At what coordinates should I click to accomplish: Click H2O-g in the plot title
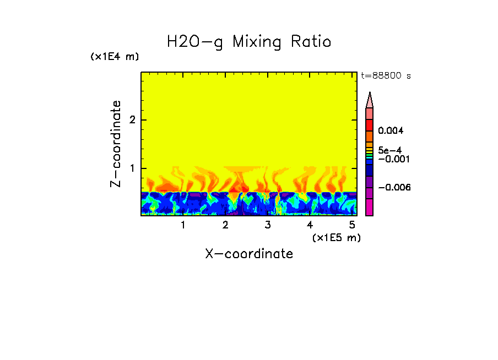click(x=195, y=42)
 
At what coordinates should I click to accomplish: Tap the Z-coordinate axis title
click(x=116, y=144)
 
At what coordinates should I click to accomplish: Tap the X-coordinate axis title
click(x=249, y=254)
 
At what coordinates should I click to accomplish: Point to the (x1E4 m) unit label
click(x=115, y=57)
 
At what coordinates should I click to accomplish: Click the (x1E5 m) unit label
click(x=336, y=237)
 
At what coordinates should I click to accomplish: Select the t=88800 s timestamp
click(x=386, y=76)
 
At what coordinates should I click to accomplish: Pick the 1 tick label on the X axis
click(x=183, y=225)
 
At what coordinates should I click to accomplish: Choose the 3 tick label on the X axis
click(x=267, y=225)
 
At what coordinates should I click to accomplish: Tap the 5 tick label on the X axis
click(x=351, y=225)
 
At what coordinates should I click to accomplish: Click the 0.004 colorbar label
click(x=391, y=131)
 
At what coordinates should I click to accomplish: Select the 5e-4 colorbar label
click(x=389, y=150)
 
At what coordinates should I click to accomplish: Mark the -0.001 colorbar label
click(x=392, y=159)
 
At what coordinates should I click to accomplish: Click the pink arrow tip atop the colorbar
click(x=370, y=100)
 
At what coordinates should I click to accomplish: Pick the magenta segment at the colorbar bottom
click(x=370, y=208)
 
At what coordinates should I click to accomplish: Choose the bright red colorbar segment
click(x=370, y=125)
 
